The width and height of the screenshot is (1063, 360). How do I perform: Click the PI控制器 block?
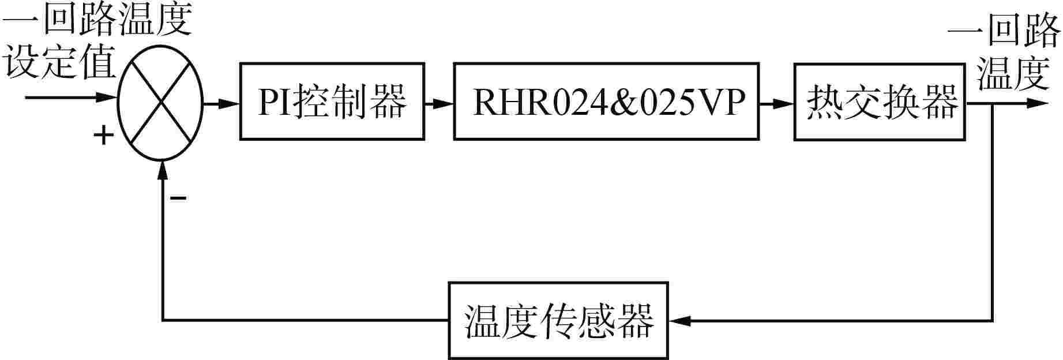[332, 102]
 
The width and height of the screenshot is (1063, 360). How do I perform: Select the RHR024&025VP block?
[605, 102]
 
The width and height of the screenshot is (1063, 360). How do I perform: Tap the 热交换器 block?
[880, 102]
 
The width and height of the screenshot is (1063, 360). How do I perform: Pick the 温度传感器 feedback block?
[558, 320]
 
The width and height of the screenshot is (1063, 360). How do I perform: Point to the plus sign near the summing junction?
[103, 136]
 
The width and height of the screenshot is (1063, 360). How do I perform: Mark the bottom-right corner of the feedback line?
[993, 320]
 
